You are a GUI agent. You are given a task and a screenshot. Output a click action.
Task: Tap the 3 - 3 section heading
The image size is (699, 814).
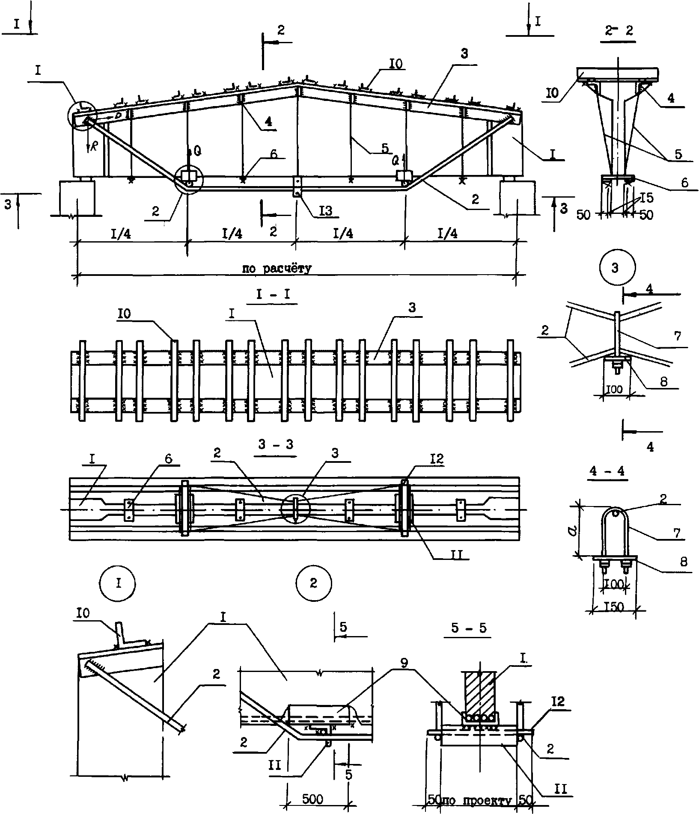pyautogui.click(x=276, y=444)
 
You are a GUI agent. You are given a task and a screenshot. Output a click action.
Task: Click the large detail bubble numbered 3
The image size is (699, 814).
pyautogui.click(x=615, y=269)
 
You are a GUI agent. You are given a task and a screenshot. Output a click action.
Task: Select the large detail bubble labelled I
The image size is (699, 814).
pyautogui.click(x=118, y=583)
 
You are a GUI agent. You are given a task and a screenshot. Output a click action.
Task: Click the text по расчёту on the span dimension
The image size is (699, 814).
pyautogui.click(x=277, y=269)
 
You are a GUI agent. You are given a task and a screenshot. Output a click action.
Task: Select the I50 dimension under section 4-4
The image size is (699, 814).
pyautogui.click(x=614, y=607)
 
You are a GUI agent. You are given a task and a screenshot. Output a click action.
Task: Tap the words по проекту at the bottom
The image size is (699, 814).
pyautogui.click(x=480, y=800)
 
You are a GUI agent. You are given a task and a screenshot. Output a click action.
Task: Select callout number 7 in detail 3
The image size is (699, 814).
pyautogui.click(x=677, y=336)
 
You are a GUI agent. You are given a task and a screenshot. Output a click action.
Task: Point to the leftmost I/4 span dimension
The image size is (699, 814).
pyautogui.click(x=121, y=234)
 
